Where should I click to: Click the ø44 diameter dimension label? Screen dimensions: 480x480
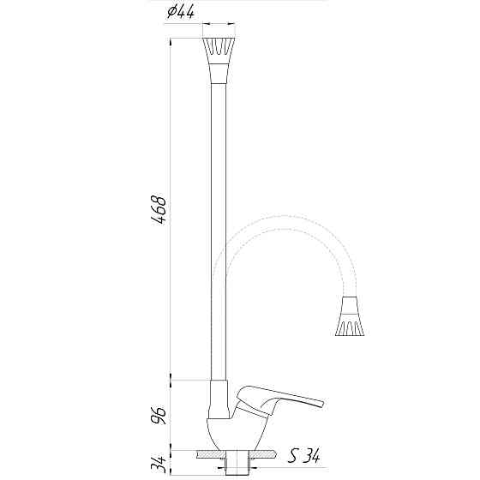181,13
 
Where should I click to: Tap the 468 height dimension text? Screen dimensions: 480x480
159,209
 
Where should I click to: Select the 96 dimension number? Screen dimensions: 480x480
159,415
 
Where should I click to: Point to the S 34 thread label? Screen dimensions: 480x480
303,456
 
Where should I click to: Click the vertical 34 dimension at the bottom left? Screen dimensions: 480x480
159,464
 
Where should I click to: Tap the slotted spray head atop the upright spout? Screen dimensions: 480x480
219,51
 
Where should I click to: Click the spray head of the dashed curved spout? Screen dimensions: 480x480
350,324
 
